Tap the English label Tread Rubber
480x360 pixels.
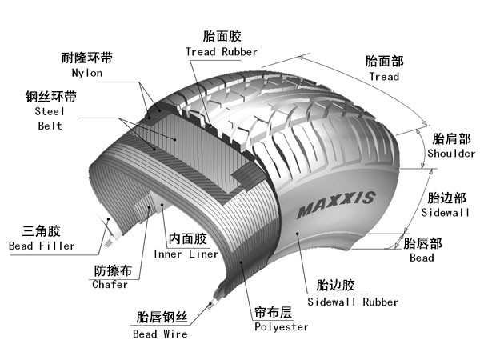pyautogui.click(x=222, y=52)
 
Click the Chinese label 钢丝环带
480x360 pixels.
pyautogui.click(x=50, y=98)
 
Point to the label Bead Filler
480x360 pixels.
pyautogui.click(x=42, y=246)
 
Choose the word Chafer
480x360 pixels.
pyautogui.click(x=110, y=284)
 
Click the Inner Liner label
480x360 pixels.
pyautogui.click(x=186, y=254)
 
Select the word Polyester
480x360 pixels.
pyautogui.click(x=281, y=327)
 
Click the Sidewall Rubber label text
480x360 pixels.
pyautogui.click(x=353, y=302)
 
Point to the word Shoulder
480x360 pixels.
pyautogui.click(x=451, y=154)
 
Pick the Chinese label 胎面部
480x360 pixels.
pyautogui.click(x=384, y=62)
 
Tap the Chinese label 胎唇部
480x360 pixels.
pyautogui.click(x=422, y=243)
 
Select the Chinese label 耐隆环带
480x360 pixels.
pyautogui.click(x=87, y=58)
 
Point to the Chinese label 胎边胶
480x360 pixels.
pyautogui.click(x=335, y=286)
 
